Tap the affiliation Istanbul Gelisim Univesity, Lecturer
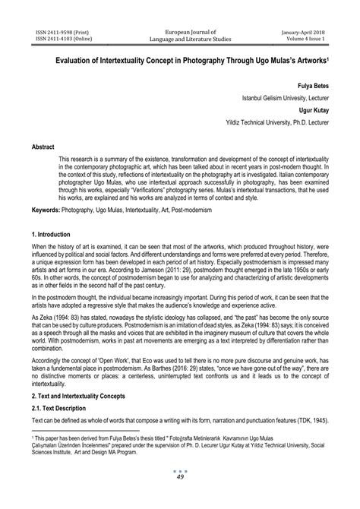coord(291,98)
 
